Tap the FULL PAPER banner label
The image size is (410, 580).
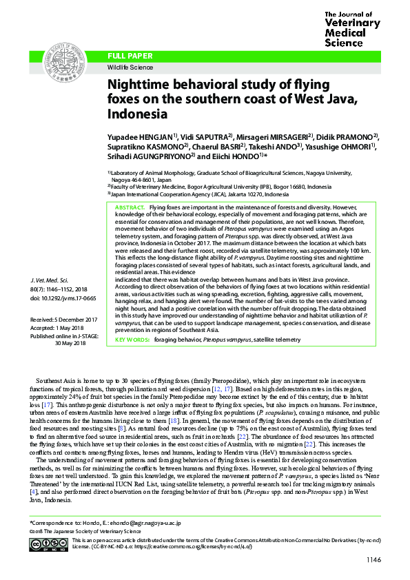(128, 54)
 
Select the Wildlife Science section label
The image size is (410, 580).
(128, 68)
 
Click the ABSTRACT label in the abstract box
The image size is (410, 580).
(127, 207)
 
